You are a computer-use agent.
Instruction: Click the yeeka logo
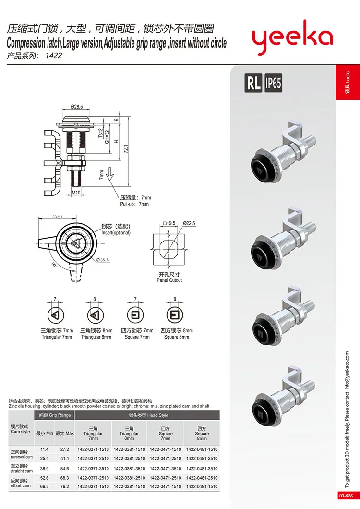click(292, 38)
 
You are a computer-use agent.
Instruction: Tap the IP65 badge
click(273, 84)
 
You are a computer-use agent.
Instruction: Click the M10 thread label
click(77, 193)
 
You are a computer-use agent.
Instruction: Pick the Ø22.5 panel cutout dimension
click(189, 223)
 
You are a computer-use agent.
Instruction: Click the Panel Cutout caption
click(169, 280)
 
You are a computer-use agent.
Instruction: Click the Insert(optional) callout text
click(115, 232)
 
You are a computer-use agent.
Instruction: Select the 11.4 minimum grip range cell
click(45, 449)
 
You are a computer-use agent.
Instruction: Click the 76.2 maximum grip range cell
click(64, 486)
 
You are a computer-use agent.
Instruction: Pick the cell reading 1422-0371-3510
click(93, 468)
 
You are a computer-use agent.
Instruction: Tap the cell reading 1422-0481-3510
click(202, 468)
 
